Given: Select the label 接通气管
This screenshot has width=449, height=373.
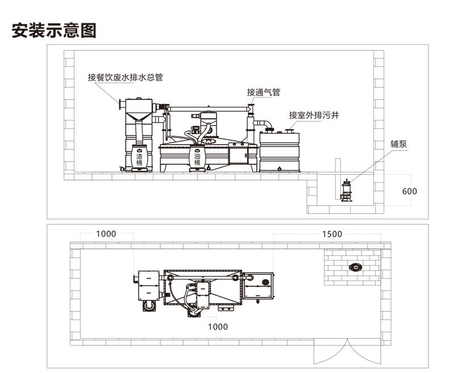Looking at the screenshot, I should point(263,92).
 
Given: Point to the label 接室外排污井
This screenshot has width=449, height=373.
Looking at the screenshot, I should point(314,115).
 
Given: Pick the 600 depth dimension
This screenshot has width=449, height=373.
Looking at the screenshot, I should point(409,191).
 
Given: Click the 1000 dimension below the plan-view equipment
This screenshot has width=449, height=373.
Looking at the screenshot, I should point(217,326).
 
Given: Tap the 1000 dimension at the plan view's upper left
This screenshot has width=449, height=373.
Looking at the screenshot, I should point(106,234).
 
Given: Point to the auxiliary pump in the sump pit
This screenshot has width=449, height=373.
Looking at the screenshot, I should point(345,189).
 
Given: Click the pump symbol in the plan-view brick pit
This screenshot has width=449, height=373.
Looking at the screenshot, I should point(356,266).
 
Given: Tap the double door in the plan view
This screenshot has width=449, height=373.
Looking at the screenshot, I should point(334,353).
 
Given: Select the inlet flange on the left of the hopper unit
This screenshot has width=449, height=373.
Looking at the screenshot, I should point(120,106).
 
